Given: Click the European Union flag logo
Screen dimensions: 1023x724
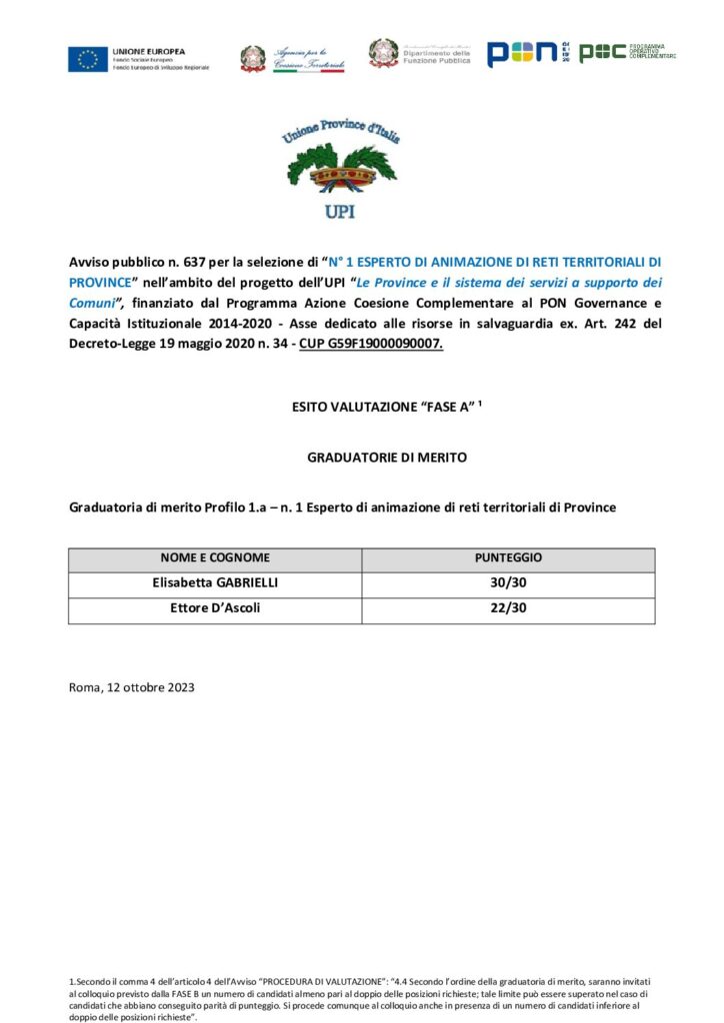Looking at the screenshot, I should (87, 59).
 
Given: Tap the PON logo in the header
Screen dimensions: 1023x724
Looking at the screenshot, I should (521, 54).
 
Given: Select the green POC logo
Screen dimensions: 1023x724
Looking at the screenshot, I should (603, 53).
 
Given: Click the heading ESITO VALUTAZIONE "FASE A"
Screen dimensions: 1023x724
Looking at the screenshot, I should (361, 407).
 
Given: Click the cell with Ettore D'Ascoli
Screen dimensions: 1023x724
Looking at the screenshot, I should (215, 609).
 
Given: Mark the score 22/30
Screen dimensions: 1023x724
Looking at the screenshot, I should (508, 609).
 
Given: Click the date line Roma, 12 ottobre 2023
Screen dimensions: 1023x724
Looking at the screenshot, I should (131, 687).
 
